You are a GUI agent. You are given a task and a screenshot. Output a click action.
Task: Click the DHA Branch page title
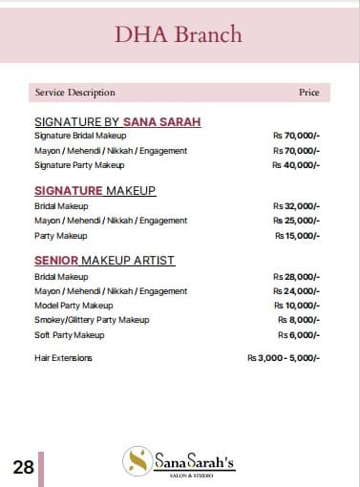(x=179, y=36)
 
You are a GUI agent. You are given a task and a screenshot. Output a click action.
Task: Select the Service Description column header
(x=74, y=93)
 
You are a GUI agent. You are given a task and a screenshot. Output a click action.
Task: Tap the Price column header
(x=308, y=93)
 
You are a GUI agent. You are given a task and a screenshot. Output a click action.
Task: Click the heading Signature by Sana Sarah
(x=117, y=122)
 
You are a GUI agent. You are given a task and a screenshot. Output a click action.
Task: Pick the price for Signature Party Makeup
(x=296, y=165)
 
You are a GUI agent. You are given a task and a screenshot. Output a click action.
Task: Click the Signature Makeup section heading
(x=95, y=191)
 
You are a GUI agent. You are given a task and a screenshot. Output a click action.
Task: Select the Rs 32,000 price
(x=296, y=206)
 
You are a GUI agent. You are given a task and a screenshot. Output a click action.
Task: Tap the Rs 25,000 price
(x=296, y=221)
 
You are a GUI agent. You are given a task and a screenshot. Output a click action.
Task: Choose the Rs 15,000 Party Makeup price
(x=297, y=235)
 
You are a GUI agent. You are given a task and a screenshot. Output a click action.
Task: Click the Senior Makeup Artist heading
(x=104, y=261)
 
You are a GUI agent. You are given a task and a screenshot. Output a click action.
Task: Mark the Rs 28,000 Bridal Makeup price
(x=296, y=276)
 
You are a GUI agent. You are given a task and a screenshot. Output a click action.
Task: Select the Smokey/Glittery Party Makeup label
(x=92, y=320)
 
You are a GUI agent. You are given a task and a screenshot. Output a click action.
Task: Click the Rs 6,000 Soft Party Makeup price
(x=299, y=335)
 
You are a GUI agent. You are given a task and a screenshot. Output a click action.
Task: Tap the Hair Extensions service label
(x=63, y=358)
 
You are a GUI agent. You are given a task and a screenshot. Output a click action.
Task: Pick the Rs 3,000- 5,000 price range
(x=284, y=358)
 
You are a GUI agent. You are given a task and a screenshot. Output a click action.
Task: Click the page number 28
(x=23, y=468)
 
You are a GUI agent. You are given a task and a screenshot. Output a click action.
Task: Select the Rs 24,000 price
(x=296, y=290)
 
